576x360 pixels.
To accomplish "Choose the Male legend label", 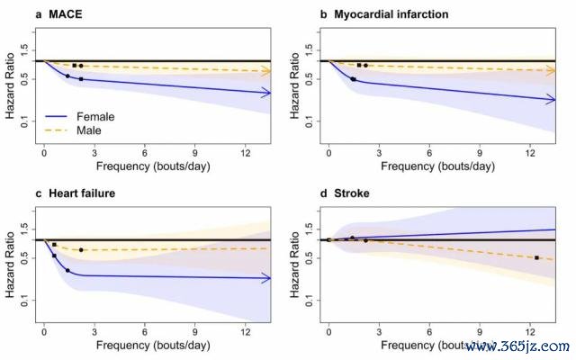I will click(x=89, y=130).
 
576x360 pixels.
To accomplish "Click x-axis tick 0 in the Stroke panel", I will click(x=328, y=333).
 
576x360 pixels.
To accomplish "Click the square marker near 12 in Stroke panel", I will click(x=536, y=258).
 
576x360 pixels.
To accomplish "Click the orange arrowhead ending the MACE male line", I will click(x=266, y=70).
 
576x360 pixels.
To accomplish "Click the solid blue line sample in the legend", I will click(x=58, y=116).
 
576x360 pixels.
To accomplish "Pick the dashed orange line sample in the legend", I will click(x=58, y=130).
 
